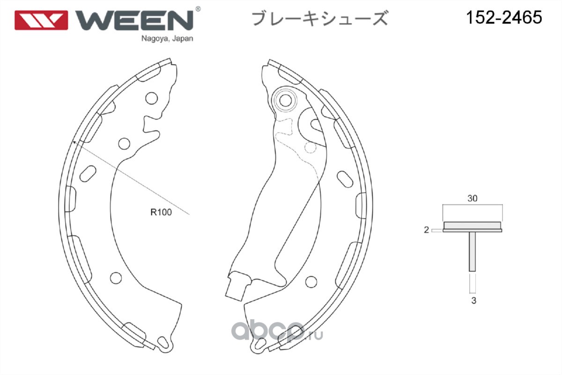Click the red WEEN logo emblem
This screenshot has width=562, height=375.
(x=41, y=20)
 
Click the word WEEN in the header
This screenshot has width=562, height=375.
(x=135, y=20)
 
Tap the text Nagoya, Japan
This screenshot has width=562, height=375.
(x=167, y=39)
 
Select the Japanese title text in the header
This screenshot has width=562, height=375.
(x=319, y=19)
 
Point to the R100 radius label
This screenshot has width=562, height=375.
(x=161, y=212)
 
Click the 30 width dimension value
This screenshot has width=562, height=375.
(x=472, y=198)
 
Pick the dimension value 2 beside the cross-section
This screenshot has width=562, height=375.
(x=426, y=230)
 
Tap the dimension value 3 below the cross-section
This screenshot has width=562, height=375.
(x=473, y=301)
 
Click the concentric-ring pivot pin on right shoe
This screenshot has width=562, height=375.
(x=284, y=99)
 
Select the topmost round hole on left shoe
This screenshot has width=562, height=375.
(x=151, y=98)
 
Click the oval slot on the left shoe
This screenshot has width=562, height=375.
(x=88, y=173)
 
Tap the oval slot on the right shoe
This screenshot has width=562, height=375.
(x=345, y=179)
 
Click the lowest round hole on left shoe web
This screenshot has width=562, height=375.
(x=116, y=278)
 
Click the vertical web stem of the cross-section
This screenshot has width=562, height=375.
(x=473, y=251)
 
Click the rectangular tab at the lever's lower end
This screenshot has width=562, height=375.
(x=236, y=286)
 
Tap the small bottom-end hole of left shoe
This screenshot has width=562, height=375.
(x=163, y=341)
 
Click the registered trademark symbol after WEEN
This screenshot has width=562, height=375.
(x=198, y=9)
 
